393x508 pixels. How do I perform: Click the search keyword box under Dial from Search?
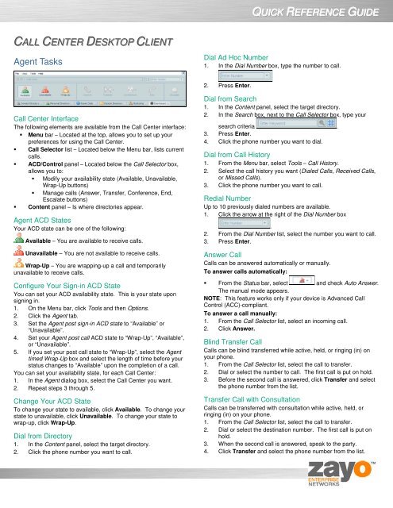tap(284, 125)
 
